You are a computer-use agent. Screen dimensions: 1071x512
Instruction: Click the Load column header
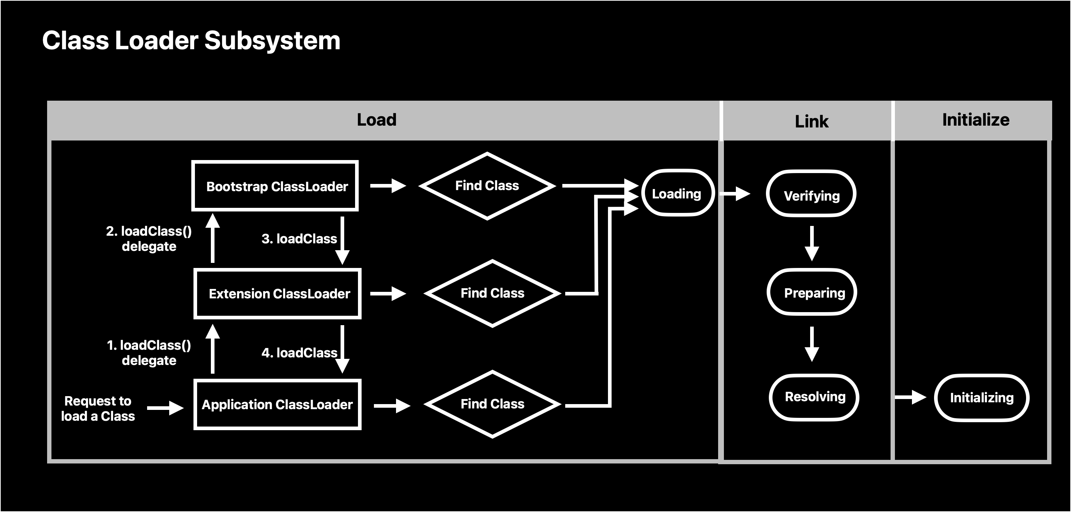pos(377,120)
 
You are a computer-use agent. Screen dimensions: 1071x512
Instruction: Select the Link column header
pos(812,121)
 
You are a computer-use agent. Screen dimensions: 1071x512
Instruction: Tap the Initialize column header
pos(976,120)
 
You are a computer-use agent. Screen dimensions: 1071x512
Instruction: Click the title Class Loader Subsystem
pos(191,41)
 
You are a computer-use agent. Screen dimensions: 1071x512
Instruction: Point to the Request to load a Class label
pos(98,408)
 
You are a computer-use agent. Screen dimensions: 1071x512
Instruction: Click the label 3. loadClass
pos(299,239)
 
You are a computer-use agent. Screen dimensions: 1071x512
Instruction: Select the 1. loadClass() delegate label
pos(149,352)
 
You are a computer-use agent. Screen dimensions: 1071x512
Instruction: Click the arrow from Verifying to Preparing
pos(812,244)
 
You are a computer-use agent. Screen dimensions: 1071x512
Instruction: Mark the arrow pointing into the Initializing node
pos(910,397)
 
